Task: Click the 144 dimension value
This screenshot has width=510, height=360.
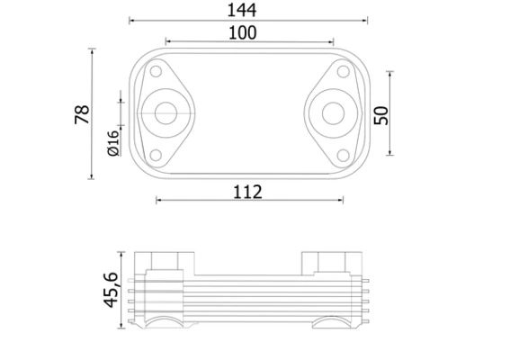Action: click(241, 10)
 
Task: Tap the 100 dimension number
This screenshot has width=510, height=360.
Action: click(243, 33)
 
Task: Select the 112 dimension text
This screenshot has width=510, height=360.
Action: click(247, 192)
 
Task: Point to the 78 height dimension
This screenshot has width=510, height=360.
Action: click(82, 114)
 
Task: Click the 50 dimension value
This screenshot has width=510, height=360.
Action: click(381, 115)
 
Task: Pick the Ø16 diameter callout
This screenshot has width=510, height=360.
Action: click(113, 143)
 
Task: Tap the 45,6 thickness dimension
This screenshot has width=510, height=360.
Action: click(111, 290)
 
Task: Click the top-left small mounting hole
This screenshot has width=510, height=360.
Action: click(156, 71)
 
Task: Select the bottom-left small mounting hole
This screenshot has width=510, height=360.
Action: click(156, 156)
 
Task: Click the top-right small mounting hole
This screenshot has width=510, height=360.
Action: click(343, 71)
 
